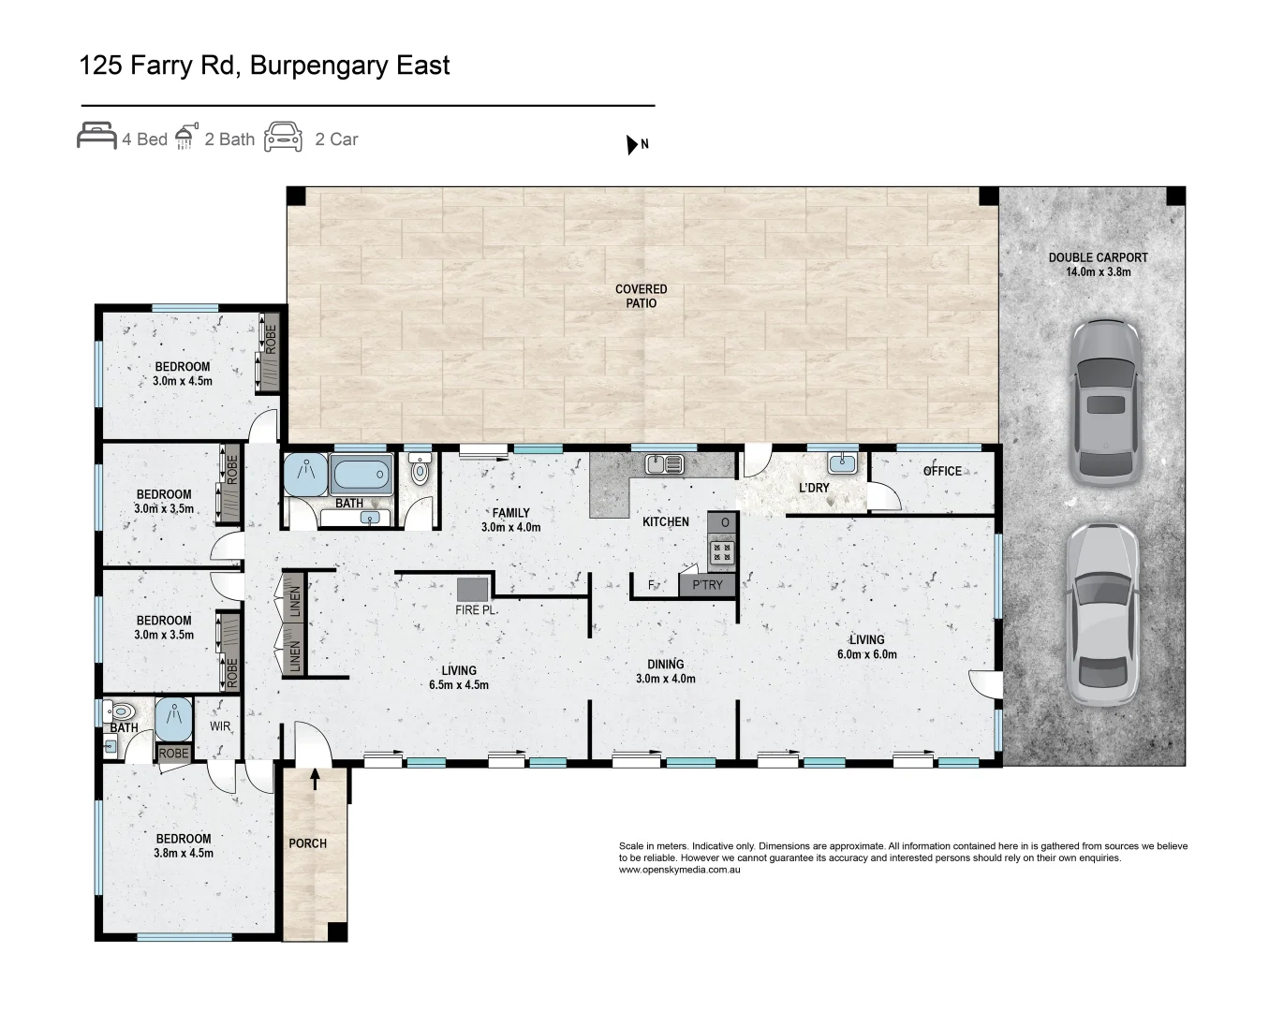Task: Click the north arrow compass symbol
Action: (x=632, y=144)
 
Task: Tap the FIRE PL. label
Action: (x=476, y=610)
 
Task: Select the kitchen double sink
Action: (x=664, y=464)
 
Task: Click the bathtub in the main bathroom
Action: (x=361, y=474)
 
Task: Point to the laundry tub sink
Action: (x=842, y=463)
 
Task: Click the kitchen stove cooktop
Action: (x=722, y=552)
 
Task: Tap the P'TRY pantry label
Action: (x=707, y=585)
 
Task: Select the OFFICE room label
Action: (x=942, y=471)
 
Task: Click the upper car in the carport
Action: (x=1105, y=403)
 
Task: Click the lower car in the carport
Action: (x=1102, y=614)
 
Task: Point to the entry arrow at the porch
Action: (x=315, y=779)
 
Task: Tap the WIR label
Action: (x=220, y=726)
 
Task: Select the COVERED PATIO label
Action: (x=641, y=296)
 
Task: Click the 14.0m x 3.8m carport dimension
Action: (x=1098, y=271)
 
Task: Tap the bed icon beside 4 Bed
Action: (x=96, y=136)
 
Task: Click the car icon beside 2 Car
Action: (x=283, y=137)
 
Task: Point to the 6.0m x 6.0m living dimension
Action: (x=867, y=653)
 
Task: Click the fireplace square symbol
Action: (x=472, y=590)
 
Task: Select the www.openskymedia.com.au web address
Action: (x=679, y=870)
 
